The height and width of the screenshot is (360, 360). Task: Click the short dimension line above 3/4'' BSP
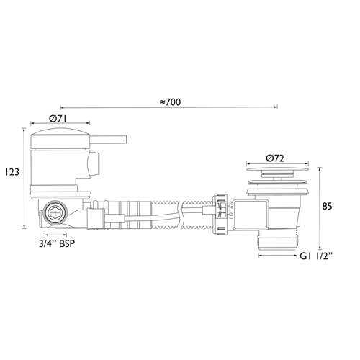click(58, 235)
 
